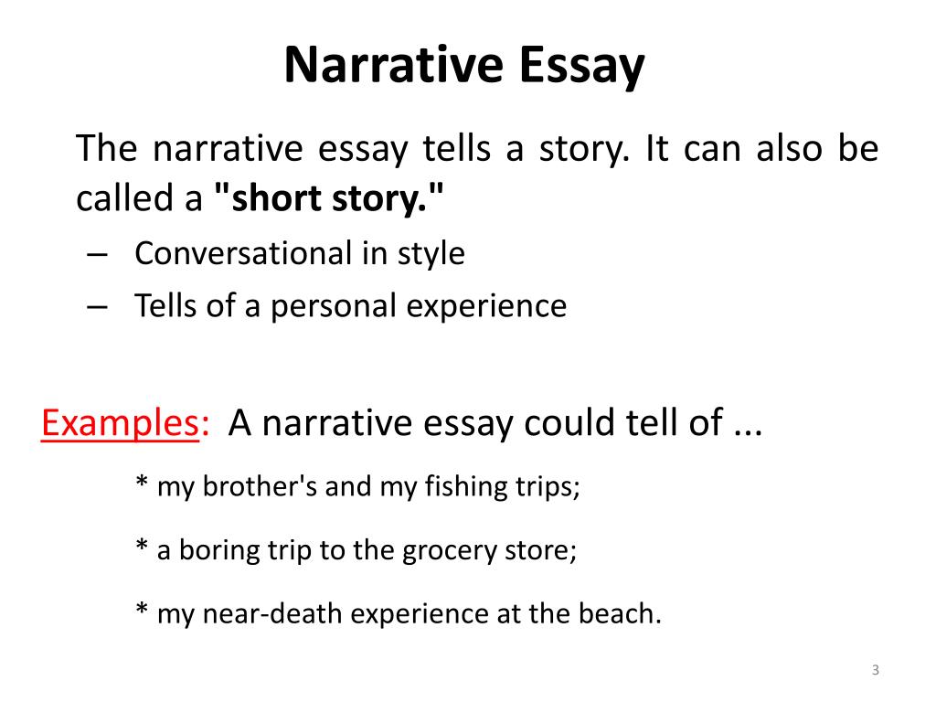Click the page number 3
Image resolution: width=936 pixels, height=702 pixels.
click(x=875, y=671)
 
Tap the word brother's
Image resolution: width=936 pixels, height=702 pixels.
click(x=267, y=486)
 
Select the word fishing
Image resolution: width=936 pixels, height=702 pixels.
click(x=462, y=486)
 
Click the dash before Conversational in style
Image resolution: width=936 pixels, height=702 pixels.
click(x=100, y=253)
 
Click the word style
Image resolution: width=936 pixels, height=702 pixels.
click(x=431, y=253)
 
